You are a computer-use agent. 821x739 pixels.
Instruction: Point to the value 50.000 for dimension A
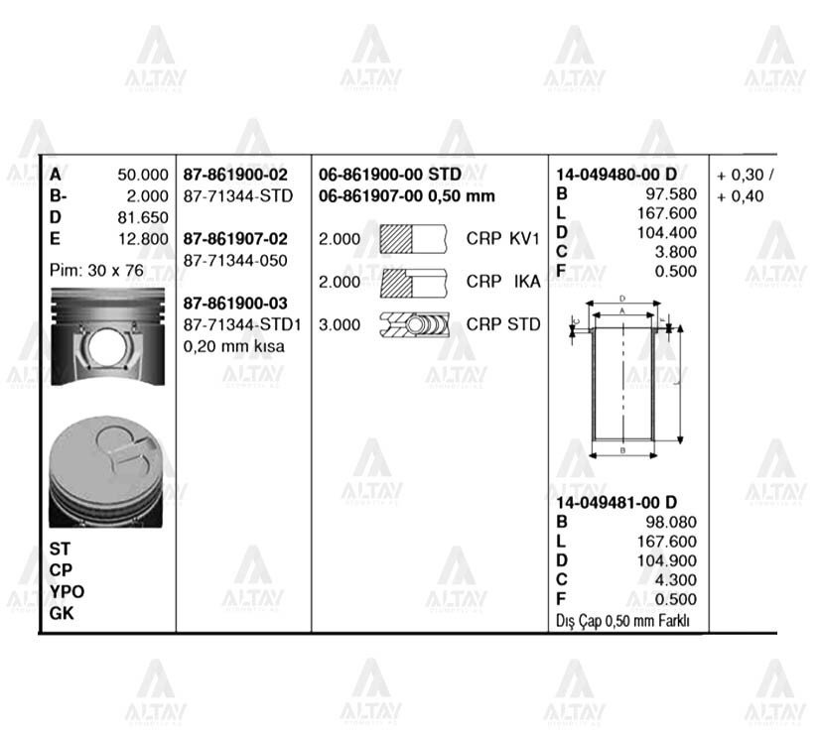pyautogui.click(x=143, y=175)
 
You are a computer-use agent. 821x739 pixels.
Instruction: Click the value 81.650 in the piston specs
pyautogui.click(x=143, y=217)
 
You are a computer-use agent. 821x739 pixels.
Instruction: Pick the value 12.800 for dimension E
pyautogui.click(x=143, y=238)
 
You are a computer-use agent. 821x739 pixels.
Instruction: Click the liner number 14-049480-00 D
pyautogui.click(x=616, y=175)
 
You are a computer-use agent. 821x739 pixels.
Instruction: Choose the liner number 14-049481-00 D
pyautogui.click(x=616, y=502)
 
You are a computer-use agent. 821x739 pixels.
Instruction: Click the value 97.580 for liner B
pyautogui.click(x=671, y=194)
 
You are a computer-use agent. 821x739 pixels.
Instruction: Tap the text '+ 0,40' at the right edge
pyautogui.click(x=741, y=196)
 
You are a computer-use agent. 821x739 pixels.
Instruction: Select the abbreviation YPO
pyautogui.click(x=68, y=591)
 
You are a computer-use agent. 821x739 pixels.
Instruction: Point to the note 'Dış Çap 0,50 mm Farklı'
pyautogui.click(x=622, y=621)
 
